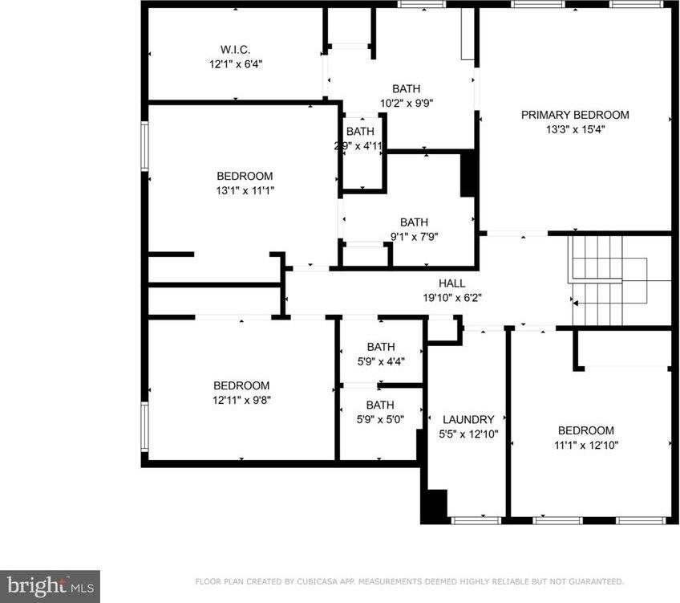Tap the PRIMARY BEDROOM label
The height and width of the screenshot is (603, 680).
pyautogui.click(x=575, y=115)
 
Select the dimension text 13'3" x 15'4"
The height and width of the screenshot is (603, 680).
pyautogui.click(x=575, y=129)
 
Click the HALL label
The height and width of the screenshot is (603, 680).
pyautogui.click(x=451, y=283)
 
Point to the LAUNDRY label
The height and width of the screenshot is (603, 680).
pyautogui.click(x=468, y=419)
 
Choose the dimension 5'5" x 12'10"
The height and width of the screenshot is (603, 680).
pyautogui.click(x=468, y=434)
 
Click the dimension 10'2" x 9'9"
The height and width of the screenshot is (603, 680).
pyautogui.click(x=406, y=103)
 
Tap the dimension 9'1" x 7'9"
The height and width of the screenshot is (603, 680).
pyautogui.click(x=414, y=237)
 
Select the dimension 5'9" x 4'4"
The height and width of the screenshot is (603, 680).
pyautogui.click(x=381, y=361)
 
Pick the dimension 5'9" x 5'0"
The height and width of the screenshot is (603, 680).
pyautogui.click(x=380, y=419)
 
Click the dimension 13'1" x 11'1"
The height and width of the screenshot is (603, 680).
pyautogui.click(x=245, y=190)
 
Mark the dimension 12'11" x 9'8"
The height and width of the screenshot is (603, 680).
pyautogui.click(x=241, y=400)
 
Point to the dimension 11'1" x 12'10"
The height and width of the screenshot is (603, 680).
pyautogui.click(x=585, y=445)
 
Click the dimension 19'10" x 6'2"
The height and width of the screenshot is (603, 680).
pyautogui.click(x=451, y=297)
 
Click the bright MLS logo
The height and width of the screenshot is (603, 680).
pyautogui.click(x=50, y=585)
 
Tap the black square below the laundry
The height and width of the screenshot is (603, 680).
pyautogui.click(x=434, y=507)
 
